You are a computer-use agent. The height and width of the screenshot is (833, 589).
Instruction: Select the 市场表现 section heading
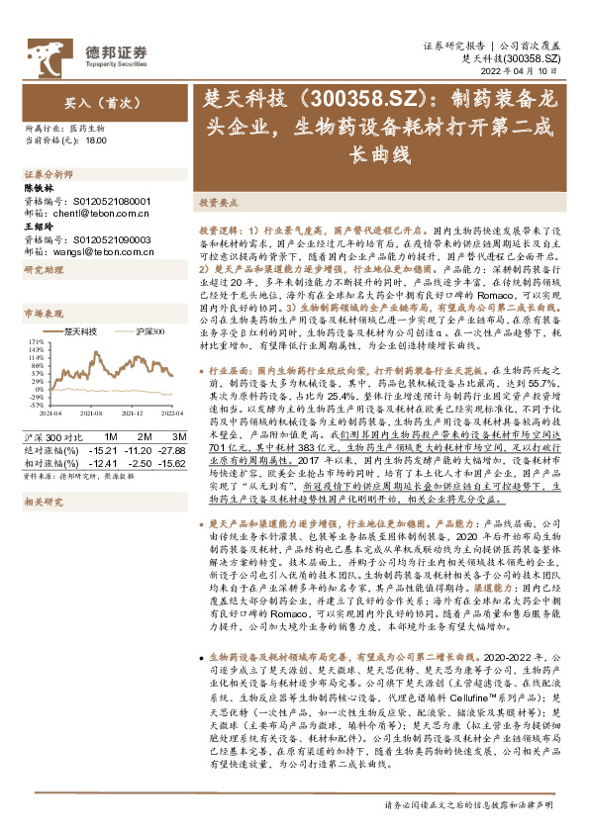click(41, 313)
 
